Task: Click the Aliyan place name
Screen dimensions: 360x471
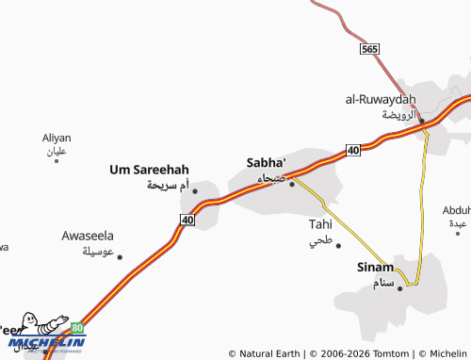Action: coord(57,138)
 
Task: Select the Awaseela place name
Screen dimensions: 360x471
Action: coord(88,235)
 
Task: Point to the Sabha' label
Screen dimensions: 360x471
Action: coord(266,161)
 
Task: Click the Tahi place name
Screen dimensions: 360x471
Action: coord(320,224)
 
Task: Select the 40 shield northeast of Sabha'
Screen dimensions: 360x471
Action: coord(352,150)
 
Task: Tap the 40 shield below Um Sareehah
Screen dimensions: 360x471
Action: coord(187,220)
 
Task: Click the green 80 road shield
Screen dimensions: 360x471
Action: coord(77,328)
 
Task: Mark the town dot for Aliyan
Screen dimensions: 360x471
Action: coord(57,161)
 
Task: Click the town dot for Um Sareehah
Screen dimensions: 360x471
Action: coord(195,191)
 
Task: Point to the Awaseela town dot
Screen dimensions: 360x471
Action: coord(119,256)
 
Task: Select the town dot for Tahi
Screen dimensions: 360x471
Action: coord(338,245)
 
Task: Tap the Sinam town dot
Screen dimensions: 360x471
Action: coord(400,287)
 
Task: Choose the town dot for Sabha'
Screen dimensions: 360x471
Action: coord(292,184)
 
